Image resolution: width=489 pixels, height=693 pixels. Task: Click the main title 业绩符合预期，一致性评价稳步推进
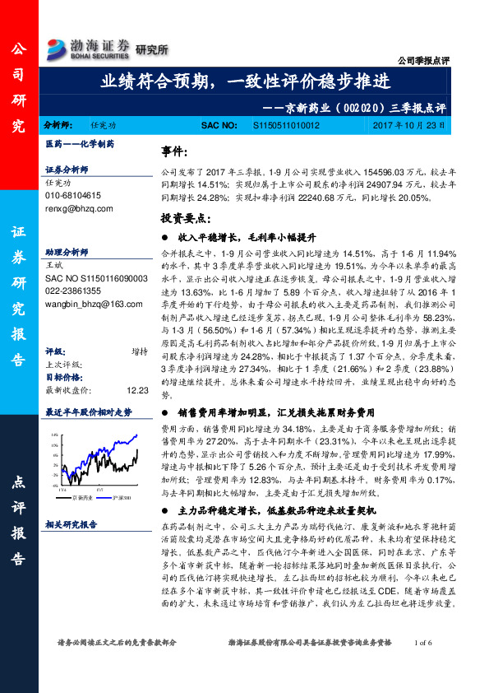pos(245,82)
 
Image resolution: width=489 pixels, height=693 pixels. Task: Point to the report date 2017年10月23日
pos(408,126)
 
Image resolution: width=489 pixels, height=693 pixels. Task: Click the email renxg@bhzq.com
pos(80,210)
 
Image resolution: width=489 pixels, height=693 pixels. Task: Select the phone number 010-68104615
pos(73,197)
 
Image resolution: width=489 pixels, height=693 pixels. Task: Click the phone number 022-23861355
pos(73,291)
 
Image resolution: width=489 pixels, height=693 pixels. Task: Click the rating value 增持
pos(140,328)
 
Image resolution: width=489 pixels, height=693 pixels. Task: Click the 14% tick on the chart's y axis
pos(53,434)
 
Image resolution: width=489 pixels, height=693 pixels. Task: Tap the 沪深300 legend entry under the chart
pos(113,497)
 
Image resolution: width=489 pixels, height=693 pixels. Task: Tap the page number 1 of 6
pos(429,663)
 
